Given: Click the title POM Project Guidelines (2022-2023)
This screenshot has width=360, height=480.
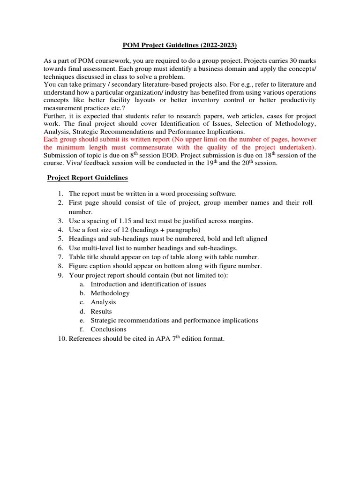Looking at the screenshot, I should point(180,45).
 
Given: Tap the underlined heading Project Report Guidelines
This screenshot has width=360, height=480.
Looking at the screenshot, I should point(88,178).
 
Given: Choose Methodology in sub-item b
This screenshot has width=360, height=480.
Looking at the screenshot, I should point(110,293).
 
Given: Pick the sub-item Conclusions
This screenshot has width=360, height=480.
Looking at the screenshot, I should point(109,330).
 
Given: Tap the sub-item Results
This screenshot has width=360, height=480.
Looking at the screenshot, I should point(101,312).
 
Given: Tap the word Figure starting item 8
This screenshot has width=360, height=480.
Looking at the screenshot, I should point(78,266).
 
